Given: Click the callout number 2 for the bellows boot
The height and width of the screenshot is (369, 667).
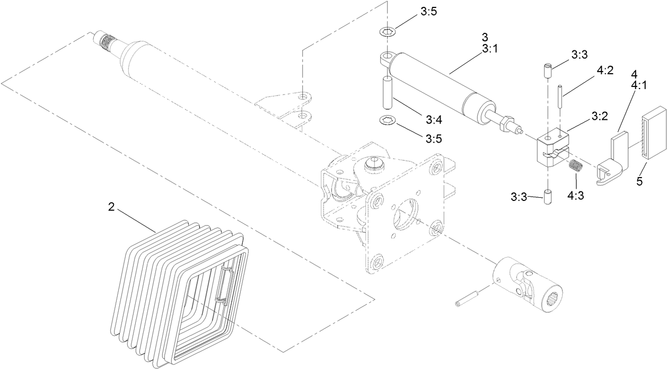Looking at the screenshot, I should (111, 208).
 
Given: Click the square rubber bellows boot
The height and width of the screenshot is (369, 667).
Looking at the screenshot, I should (175, 297).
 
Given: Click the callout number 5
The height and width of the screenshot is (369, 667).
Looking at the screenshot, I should (639, 182).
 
